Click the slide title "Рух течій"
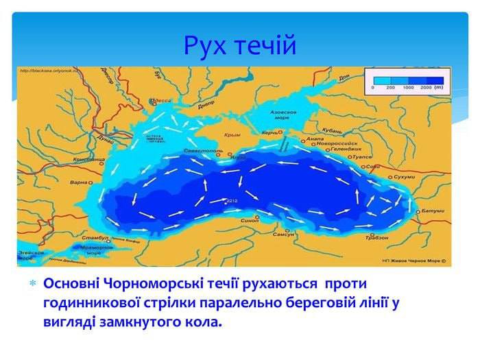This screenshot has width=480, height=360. click(x=240, y=45)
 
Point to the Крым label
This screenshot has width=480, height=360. click(x=230, y=135)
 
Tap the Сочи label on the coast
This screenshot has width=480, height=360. click(x=373, y=166)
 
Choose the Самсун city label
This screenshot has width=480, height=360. click(x=284, y=235)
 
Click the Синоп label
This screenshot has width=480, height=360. click(x=250, y=221)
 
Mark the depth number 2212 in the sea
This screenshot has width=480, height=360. click(x=232, y=200)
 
